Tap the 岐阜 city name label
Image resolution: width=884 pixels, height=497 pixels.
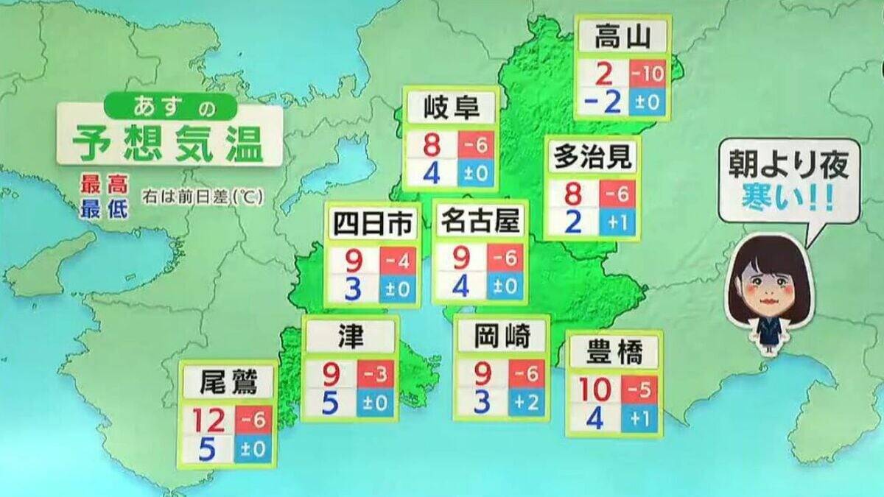click(x=452, y=109)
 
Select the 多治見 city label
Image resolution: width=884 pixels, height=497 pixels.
click(x=592, y=157)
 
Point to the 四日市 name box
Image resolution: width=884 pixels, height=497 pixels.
click(x=373, y=224)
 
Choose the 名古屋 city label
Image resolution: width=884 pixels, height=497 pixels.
click(x=480, y=221)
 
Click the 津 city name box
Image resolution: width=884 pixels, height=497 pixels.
click(x=349, y=337)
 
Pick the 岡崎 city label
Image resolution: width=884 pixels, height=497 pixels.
click(x=502, y=337)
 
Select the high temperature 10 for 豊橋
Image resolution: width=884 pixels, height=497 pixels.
click(x=595, y=390)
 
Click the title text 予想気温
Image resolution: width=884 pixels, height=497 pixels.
click(x=169, y=144)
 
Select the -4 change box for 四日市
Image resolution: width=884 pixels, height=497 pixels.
click(x=398, y=259)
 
